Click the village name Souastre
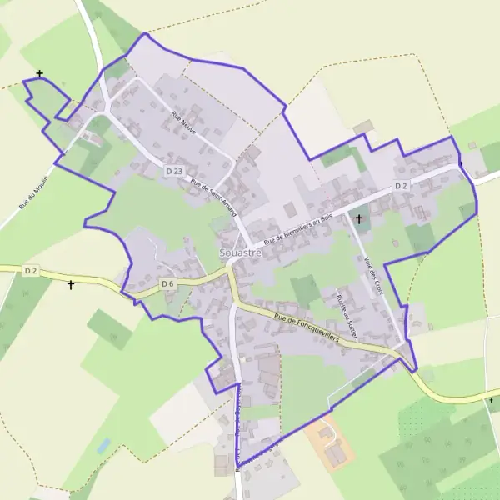[x=238, y=251]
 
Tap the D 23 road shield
[x=173, y=171]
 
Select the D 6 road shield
[x=167, y=284]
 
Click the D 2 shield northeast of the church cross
[x=401, y=185]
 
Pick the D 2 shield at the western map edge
[x=32, y=271]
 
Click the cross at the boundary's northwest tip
[x=40, y=74]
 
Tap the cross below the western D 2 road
[x=71, y=285]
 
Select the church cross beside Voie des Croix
[x=359, y=219]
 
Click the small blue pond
[x=103, y=446]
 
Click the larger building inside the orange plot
[x=337, y=455]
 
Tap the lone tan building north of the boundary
[x=363, y=127]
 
